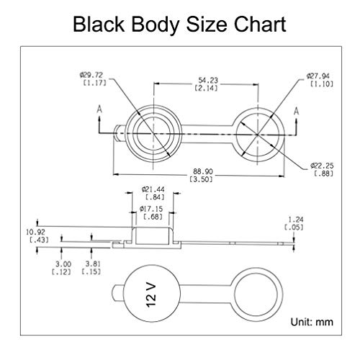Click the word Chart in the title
[x=260, y=24]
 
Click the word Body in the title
[x=156, y=25]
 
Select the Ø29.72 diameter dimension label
[x=91, y=75]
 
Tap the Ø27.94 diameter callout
[x=318, y=76]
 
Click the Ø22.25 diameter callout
[x=322, y=166]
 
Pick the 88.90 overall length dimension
[x=203, y=171]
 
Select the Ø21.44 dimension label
[x=153, y=189]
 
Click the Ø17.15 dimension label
[x=151, y=209]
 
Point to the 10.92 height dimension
[x=35, y=233]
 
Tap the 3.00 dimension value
[x=63, y=264]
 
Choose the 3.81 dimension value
[x=93, y=264]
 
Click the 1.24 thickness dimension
[x=296, y=220]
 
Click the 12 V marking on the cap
[x=151, y=295]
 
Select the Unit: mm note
[x=312, y=322]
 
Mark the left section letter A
[x=99, y=109]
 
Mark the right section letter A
[x=297, y=111]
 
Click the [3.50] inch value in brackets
[x=201, y=179]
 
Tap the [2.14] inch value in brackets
[x=207, y=88]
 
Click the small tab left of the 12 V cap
[x=118, y=293]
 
